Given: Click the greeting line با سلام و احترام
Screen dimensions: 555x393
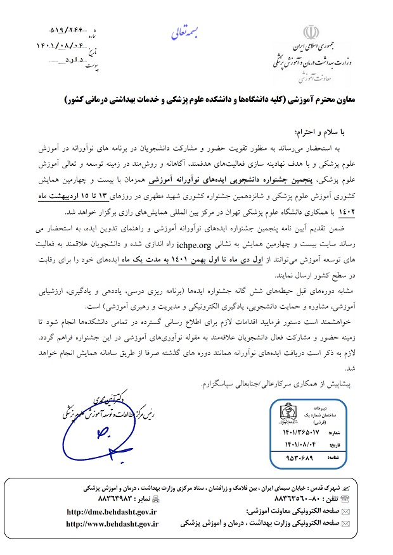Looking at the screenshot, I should click(x=316, y=130).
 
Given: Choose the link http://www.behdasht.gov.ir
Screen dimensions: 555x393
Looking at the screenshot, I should click(x=112, y=524).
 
